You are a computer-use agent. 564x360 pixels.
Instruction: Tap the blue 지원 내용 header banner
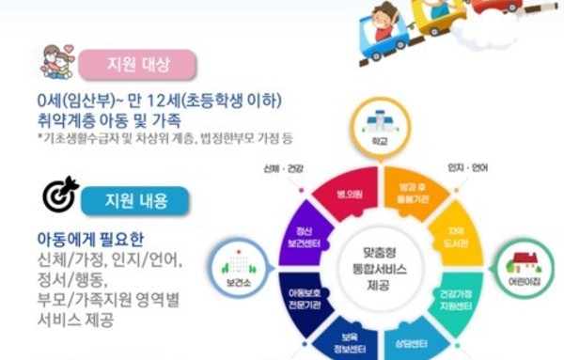pos(148,199)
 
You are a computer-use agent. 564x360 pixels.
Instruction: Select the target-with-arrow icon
pos(62,195)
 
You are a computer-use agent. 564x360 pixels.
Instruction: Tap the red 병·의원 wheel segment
pos(337,194)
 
